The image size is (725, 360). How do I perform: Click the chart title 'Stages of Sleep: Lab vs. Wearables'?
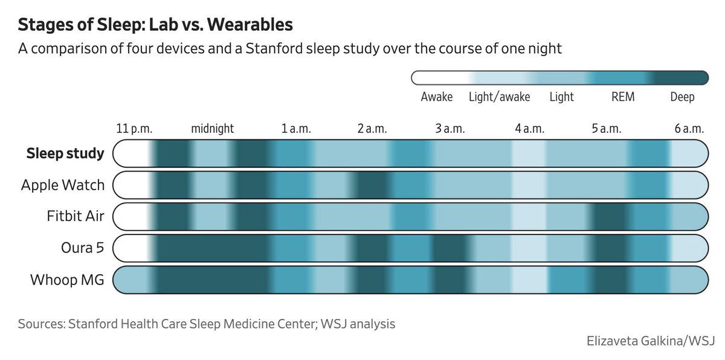pyautogui.click(x=155, y=25)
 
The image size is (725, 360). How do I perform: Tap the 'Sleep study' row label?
pyautogui.click(x=65, y=153)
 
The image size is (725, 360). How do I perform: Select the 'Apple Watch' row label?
pyautogui.click(x=63, y=185)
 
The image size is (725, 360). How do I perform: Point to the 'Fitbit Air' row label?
pyautogui.click(x=76, y=216)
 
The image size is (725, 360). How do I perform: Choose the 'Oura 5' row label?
pyautogui.click(x=83, y=248)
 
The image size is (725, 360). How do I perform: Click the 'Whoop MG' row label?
pyautogui.click(x=67, y=280)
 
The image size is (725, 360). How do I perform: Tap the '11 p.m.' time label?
pyautogui.click(x=134, y=129)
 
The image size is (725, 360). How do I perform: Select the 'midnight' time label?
pyautogui.click(x=212, y=129)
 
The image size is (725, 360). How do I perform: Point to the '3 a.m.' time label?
pyautogui.click(x=450, y=129)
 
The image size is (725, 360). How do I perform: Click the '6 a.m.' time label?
pyautogui.click(x=689, y=129)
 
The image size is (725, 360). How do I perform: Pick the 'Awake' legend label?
pyautogui.click(x=437, y=97)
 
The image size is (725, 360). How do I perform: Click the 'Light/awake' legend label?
pyautogui.click(x=500, y=97)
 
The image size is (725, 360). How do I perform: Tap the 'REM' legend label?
pyautogui.click(x=623, y=97)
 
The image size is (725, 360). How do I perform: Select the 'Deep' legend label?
pyautogui.click(x=682, y=97)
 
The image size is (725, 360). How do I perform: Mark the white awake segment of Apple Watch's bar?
pyautogui.click(x=131, y=185)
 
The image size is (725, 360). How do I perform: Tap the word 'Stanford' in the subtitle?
pyautogui.click(x=274, y=48)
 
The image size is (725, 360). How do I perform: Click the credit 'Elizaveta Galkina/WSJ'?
pyautogui.click(x=651, y=341)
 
